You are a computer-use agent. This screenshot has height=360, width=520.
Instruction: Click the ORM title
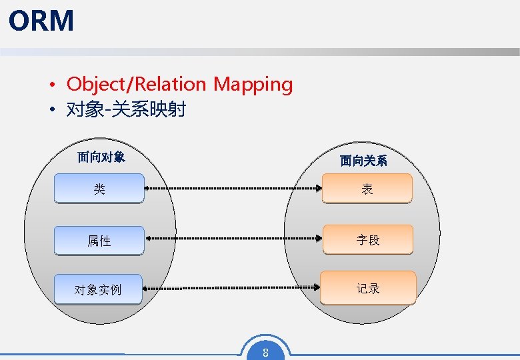[41, 21]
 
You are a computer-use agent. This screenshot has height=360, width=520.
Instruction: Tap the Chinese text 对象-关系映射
[126, 109]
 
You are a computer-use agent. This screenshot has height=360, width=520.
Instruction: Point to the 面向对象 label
[101, 157]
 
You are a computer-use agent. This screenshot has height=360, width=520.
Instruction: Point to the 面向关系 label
[363, 161]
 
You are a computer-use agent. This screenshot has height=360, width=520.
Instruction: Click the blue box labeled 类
[99, 189]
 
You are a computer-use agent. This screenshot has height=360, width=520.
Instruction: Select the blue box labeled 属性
[99, 241]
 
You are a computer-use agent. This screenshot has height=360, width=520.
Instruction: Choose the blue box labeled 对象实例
[98, 289]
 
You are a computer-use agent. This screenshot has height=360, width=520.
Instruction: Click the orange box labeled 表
[367, 189]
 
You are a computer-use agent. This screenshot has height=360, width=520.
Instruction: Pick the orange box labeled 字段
[367, 240]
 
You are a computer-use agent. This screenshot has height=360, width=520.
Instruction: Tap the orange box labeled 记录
[368, 288]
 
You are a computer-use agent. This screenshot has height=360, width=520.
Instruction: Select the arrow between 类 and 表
[233, 189]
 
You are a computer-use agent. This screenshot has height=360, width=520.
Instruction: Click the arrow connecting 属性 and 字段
[233, 237]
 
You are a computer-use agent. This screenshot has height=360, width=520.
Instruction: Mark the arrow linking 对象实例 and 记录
[233, 288]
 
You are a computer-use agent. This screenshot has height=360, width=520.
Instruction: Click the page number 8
[265, 353]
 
